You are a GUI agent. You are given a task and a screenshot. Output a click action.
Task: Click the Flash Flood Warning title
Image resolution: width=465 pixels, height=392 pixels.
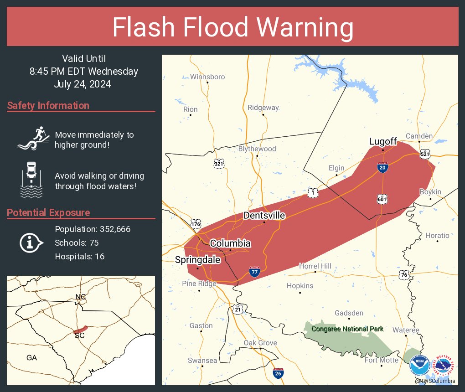point(232,27)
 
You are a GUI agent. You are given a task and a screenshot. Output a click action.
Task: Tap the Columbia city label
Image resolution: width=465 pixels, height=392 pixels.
point(230,243)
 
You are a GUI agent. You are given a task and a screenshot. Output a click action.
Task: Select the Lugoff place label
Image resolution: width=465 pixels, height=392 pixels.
point(383,142)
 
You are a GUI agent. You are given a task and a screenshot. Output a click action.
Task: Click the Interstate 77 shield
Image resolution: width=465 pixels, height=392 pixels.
point(255,272)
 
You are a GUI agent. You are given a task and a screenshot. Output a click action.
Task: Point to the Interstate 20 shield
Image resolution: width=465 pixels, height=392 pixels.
point(382,167)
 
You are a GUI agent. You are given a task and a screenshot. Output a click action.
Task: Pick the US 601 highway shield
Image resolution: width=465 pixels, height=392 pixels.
point(382,199)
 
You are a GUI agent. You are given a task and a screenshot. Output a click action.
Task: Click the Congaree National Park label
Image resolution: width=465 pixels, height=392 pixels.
point(347,329)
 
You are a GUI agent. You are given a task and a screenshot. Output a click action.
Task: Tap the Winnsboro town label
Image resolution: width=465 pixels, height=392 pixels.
point(207,77)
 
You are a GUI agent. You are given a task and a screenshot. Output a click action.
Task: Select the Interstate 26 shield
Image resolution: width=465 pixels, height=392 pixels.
point(278,373)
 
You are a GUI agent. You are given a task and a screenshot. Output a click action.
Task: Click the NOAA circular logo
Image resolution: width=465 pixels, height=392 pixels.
point(419,366)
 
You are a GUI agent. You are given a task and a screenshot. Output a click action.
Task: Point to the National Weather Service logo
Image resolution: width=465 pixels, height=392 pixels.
point(445,366)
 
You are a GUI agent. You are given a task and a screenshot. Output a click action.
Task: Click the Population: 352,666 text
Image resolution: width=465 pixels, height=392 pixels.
point(93,229)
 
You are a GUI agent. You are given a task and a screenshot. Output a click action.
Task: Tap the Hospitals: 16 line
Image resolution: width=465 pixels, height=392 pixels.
point(79,257)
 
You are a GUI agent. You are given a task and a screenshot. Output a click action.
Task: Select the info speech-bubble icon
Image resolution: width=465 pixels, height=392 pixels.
point(31,243)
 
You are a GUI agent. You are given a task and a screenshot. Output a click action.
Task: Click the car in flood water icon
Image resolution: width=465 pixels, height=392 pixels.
point(31,179)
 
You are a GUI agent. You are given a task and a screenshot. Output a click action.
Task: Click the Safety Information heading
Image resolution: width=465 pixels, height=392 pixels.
point(48,106)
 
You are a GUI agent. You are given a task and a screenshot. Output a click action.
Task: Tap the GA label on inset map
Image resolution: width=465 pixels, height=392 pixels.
point(31,358)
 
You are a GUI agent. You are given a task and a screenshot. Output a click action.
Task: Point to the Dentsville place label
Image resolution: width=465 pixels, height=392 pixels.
point(264,215)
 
